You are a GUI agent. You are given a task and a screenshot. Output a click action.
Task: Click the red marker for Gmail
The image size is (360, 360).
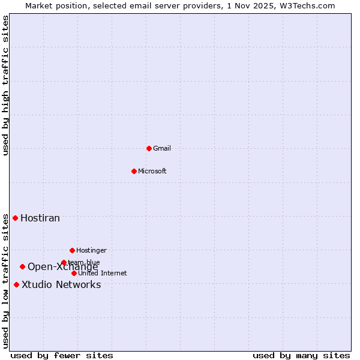pos(149,148)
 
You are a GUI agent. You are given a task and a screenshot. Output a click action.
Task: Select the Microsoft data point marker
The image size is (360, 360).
pos(134,171)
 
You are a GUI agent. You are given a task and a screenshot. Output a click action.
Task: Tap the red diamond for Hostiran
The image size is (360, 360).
pos(15,218)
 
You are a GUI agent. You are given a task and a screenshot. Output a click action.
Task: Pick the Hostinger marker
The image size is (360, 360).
pos(72,250)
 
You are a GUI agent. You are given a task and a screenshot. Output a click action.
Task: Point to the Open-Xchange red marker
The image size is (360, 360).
pos(22,266)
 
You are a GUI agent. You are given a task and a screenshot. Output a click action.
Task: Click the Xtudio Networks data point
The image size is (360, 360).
pos(16,284)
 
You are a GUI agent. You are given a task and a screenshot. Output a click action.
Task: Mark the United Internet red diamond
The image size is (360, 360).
pos(74,273)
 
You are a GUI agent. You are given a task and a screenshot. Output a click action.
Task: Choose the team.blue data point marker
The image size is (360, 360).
pos(64,262)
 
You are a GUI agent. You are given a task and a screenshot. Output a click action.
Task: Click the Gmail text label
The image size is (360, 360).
pos(162,148)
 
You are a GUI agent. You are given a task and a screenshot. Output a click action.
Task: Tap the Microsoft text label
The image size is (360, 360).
pos(152,171)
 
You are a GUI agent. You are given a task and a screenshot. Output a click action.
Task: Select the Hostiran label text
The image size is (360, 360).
pos(40,218)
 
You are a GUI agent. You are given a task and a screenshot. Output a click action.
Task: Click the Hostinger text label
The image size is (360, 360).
pos(91,250)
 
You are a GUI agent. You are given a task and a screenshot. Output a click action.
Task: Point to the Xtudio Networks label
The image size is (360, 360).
pos(61,284)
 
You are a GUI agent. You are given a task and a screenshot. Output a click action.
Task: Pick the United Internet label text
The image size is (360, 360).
pos(103,273)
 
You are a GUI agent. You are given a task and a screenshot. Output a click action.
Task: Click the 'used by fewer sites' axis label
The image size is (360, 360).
pos(62,355)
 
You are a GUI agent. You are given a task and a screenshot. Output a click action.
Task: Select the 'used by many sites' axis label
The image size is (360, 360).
pos(301,355)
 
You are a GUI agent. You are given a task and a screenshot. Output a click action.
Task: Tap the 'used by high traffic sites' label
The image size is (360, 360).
pos(6,85)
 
